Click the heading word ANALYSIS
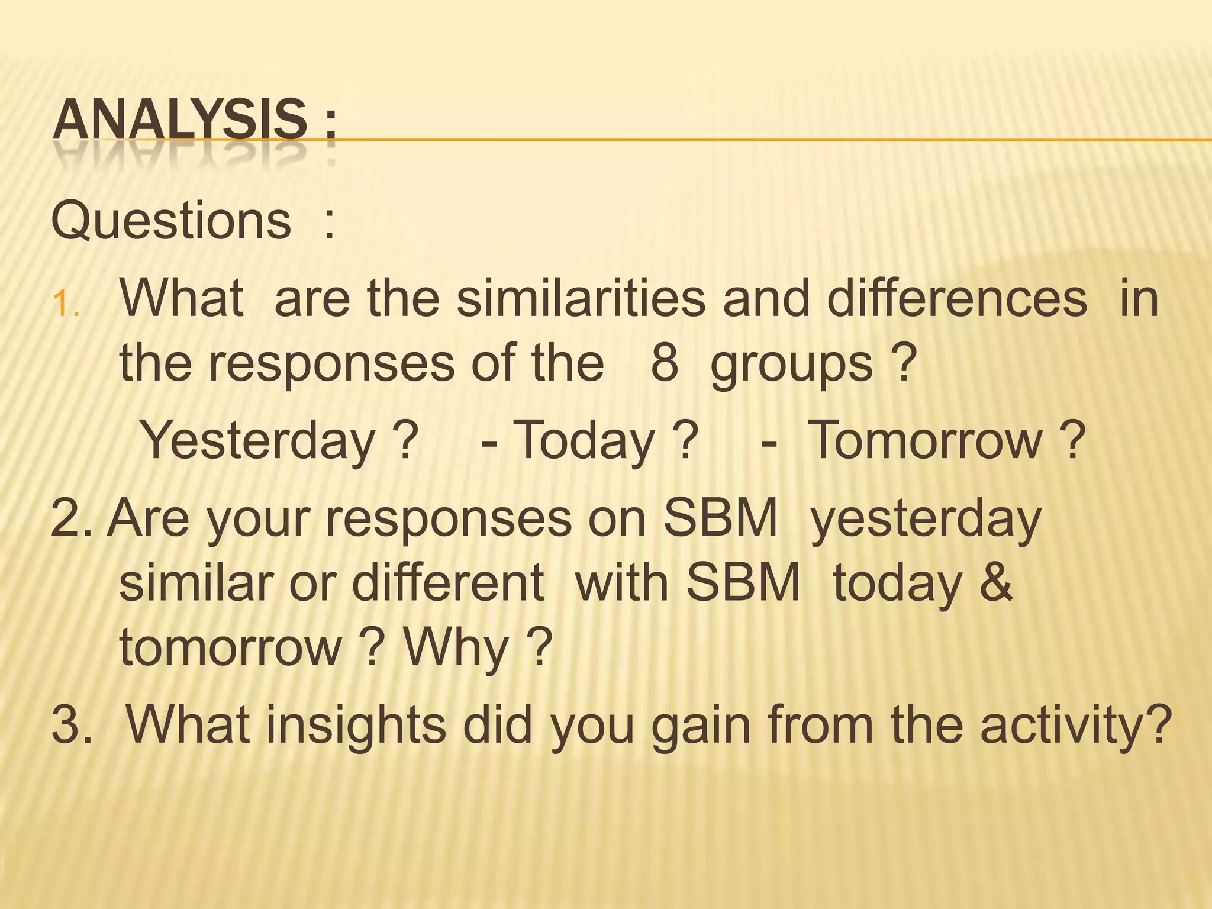point(180,121)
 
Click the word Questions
point(172,221)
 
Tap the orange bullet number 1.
point(65,306)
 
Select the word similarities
point(581,298)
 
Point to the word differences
point(957,298)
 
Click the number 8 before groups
point(664,363)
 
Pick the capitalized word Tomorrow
point(924,440)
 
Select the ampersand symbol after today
point(996,583)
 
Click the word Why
point(456,649)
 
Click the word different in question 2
point(448,583)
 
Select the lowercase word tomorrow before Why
point(231,647)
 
